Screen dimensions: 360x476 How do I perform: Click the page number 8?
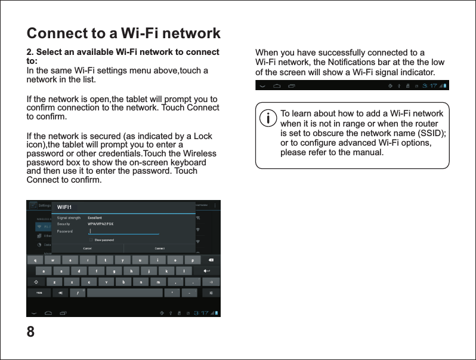(x=30, y=331)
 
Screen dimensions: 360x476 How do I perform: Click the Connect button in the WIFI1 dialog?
(x=160, y=248)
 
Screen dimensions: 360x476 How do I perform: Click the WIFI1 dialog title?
(x=65, y=207)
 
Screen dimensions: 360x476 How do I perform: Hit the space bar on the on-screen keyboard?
(x=123, y=293)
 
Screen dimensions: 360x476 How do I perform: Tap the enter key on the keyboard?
(x=209, y=271)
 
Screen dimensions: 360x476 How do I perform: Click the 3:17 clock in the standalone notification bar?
(x=429, y=85)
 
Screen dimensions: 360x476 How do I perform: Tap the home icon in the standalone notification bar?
(x=277, y=85)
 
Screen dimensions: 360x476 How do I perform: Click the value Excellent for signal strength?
(x=95, y=218)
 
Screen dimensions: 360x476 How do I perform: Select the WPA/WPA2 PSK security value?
(x=101, y=224)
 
